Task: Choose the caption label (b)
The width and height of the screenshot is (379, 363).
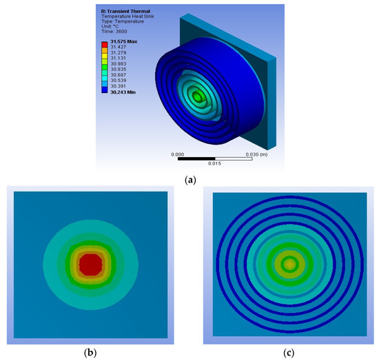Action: (90, 353)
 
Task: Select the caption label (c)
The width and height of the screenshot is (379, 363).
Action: (289, 353)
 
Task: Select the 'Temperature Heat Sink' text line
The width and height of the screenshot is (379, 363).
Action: (128, 17)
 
